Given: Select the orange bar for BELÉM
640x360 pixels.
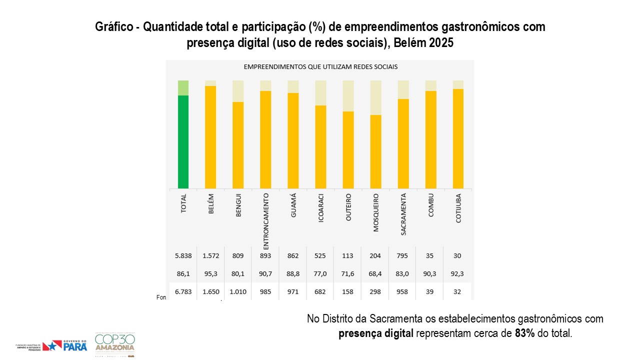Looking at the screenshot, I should tap(210, 137).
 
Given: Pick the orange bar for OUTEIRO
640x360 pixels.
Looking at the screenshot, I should tap(348, 149).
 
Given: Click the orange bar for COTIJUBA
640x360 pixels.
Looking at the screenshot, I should tap(458, 138).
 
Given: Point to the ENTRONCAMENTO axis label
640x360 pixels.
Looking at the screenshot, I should tap(266, 220).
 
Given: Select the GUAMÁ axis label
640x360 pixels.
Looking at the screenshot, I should tap(293, 205).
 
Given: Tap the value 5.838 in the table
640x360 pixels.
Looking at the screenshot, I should tap(183, 256).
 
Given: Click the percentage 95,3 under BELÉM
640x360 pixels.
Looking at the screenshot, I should tap(210, 274).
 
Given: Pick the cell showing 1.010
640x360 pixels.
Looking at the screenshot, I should tap(238, 292).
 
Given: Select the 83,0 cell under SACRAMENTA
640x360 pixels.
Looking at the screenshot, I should tap(403, 274).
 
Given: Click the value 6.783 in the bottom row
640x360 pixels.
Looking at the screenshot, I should tap(183, 292).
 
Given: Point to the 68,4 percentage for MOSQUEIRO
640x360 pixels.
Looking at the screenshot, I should tap(375, 274).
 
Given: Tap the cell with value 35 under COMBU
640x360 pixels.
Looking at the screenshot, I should tap(430, 256).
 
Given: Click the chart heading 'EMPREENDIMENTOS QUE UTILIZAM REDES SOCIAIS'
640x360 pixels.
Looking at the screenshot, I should tap(320, 66).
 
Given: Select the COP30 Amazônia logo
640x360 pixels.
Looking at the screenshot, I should tap(115, 343).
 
